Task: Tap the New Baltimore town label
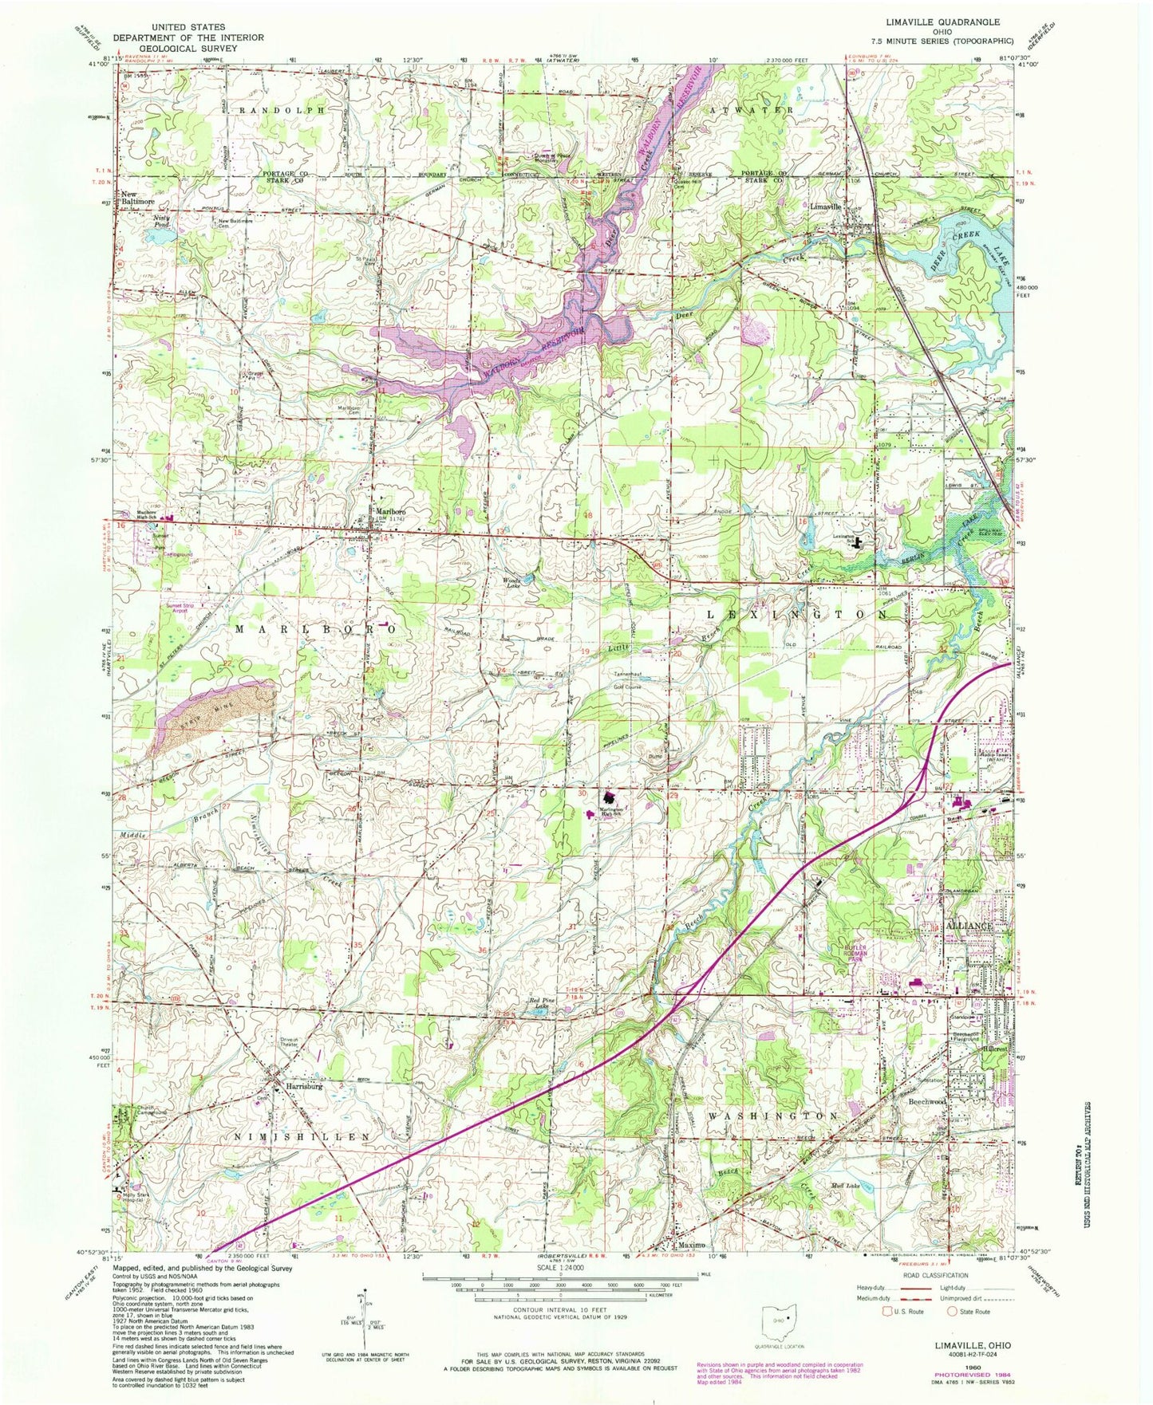coord(138,199)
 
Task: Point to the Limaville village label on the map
coord(825,207)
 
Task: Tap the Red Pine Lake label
coord(535,1006)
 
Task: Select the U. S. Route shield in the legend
coord(888,1311)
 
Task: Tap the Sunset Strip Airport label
coord(180,608)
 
